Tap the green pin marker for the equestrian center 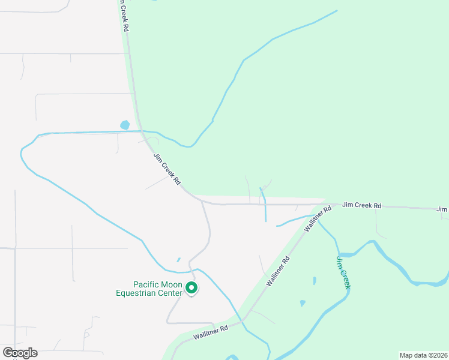tap(191, 289)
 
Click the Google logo tap(20, 353)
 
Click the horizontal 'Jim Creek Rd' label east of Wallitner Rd tap(362, 205)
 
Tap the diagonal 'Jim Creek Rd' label tap(167, 169)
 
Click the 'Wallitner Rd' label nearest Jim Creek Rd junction tap(318, 220)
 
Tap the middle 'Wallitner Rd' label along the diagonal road tap(278, 270)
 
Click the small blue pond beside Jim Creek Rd tap(125, 125)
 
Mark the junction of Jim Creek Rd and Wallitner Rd tap(325, 204)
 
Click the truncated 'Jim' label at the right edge tap(442, 209)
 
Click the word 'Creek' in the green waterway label tap(344, 277)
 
